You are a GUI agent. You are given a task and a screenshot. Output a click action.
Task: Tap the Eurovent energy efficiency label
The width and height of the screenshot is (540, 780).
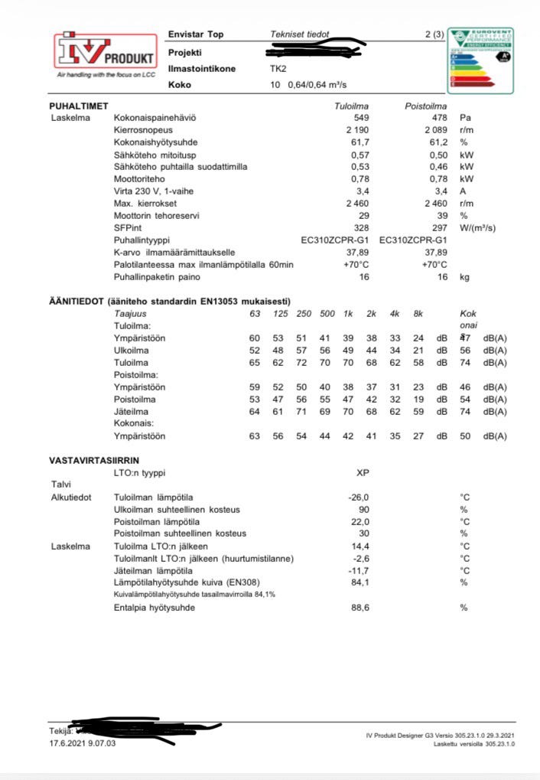click(480, 60)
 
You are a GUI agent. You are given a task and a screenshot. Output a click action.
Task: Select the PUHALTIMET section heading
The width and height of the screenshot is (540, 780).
click(78, 106)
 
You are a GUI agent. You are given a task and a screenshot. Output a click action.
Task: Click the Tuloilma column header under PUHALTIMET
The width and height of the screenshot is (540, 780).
click(352, 106)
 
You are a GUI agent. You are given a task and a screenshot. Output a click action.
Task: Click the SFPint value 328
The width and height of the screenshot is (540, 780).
click(361, 228)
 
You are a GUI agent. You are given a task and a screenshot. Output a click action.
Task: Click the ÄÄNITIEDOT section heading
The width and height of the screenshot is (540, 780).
click(169, 301)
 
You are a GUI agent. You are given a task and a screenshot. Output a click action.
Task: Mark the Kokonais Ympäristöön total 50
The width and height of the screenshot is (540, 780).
click(465, 436)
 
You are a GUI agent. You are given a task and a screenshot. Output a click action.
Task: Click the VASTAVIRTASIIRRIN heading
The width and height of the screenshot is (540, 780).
click(94, 460)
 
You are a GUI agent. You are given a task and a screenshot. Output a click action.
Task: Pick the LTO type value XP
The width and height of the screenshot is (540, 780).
click(363, 472)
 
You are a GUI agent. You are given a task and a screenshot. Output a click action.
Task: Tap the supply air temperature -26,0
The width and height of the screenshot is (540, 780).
click(359, 497)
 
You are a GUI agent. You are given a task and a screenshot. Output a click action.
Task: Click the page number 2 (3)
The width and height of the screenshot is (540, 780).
click(434, 35)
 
